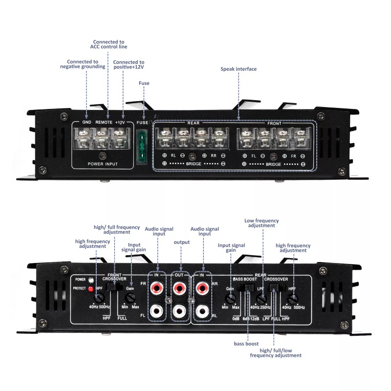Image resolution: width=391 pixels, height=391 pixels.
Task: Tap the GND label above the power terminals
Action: pos(87,122)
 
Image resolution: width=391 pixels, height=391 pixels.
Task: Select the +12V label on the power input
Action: pos(120,122)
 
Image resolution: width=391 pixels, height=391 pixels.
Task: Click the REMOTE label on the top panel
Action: pos(104,122)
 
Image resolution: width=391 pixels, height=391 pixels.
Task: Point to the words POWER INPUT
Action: pos(102,164)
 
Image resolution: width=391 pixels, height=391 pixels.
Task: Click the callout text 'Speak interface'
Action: pos(239,69)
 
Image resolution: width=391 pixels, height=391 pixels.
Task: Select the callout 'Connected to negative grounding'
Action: pos(87,65)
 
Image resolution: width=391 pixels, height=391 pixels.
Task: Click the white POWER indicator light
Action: pos(91,280)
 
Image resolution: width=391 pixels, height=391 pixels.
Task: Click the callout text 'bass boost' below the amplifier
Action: pos(246,344)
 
